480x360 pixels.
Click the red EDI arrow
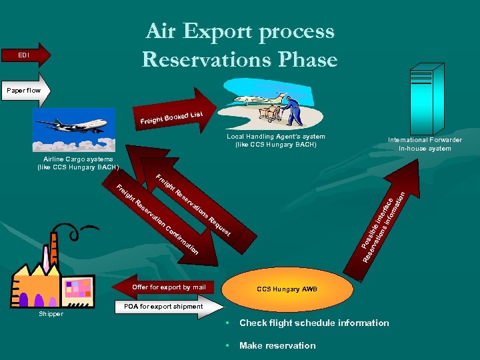[25, 55]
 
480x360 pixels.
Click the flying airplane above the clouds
[73, 125]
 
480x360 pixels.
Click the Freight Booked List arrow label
[171, 118]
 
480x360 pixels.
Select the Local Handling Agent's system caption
[275, 141]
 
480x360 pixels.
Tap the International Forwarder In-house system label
[425, 144]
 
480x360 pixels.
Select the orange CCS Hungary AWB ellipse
[287, 289]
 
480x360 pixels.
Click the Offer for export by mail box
[169, 287]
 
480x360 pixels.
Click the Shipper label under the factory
[51, 313]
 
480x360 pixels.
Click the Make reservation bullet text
[277, 345]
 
